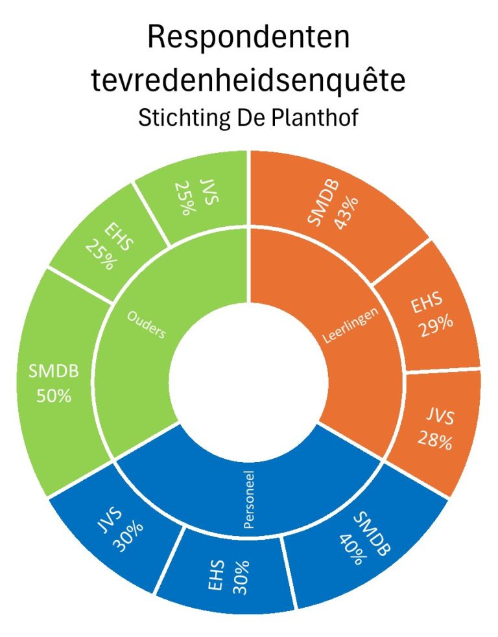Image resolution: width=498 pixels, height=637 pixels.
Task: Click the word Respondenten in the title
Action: point(249,38)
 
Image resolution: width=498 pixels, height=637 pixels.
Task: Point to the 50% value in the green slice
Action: point(53,395)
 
